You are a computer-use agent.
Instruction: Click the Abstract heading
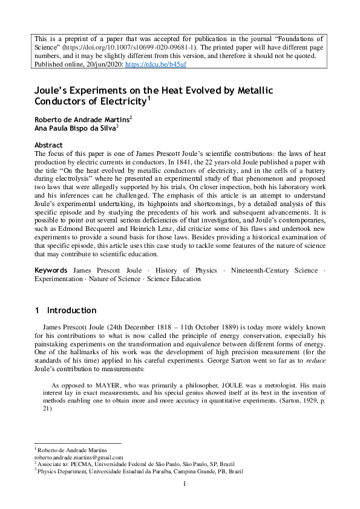pos(48,145)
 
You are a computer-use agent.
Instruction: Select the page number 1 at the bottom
pos(182,484)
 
